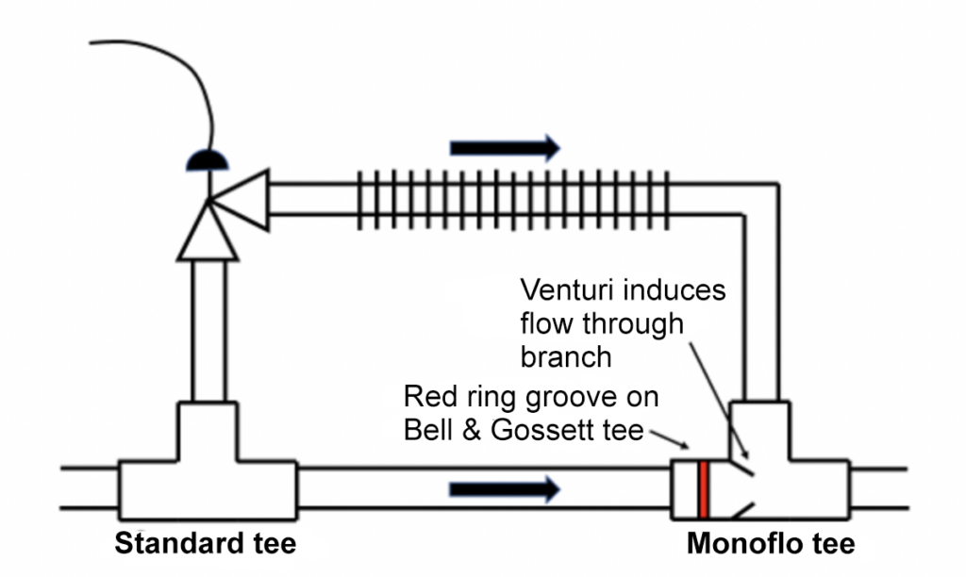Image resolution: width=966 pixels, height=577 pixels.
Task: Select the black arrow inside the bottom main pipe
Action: pos(505,488)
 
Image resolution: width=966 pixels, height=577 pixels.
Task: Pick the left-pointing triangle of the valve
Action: pos(241,199)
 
